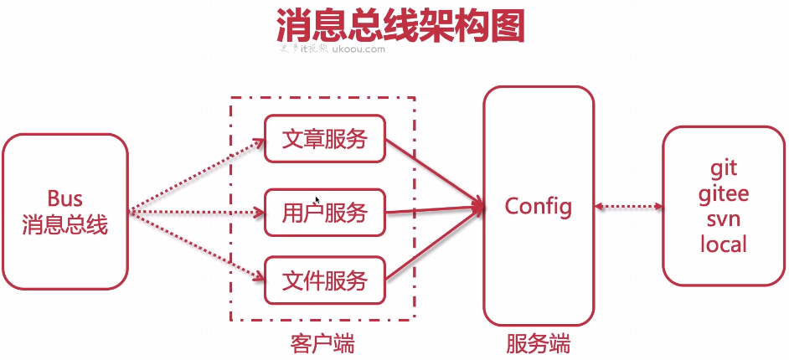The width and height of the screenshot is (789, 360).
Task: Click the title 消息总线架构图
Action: click(x=400, y=26)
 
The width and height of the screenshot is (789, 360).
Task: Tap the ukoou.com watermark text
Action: click(x=358, y=49)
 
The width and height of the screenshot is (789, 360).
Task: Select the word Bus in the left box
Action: click(x=64, y=199)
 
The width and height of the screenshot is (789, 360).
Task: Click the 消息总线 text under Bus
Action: click(x=64, y=225)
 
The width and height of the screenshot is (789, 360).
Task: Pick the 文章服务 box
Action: click(x=324, y=139)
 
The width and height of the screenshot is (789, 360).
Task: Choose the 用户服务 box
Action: click(x=324, y=213)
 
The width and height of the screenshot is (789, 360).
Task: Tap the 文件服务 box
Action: click(x=324, y=280)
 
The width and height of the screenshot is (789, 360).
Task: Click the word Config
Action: click(x=538, y=205)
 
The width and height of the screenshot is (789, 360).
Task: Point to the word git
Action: click(x=724, y=167)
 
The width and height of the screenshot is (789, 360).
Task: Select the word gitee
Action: click(x=724, y=193)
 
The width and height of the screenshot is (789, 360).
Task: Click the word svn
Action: click(x=724, y=219)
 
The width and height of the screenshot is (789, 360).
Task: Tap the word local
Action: click(x=724, y=244)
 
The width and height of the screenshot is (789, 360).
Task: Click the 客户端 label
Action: click(x=322, y=343)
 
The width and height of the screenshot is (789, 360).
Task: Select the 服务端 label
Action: click(x=538, y=343)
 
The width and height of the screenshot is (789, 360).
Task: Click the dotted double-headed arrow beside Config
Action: click(x=627, y=206)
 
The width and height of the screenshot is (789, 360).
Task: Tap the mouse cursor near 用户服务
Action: click(x=317, y=200)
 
